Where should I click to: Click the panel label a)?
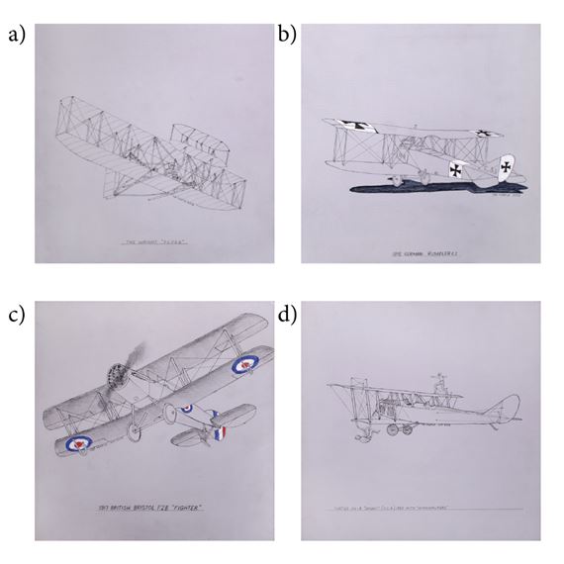[17, 37]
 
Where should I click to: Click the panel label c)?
[16, 316]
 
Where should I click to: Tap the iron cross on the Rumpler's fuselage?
[455, 169]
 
